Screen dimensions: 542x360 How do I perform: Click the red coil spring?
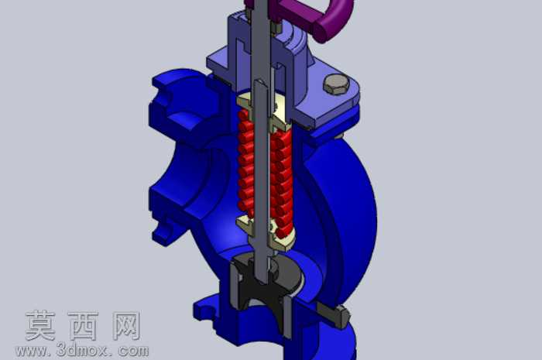pyautogui.click(x=266, y=173)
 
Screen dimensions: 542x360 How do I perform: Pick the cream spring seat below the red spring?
pyautogui.click(x=266, y=233)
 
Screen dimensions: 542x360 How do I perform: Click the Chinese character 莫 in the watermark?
pyautogui.click(x=41, y=325)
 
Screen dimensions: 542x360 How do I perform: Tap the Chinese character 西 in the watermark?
pyautogui.click(x=83, y=325)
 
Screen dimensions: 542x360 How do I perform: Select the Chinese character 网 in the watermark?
pyautogui.click(x=126, y=325)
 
